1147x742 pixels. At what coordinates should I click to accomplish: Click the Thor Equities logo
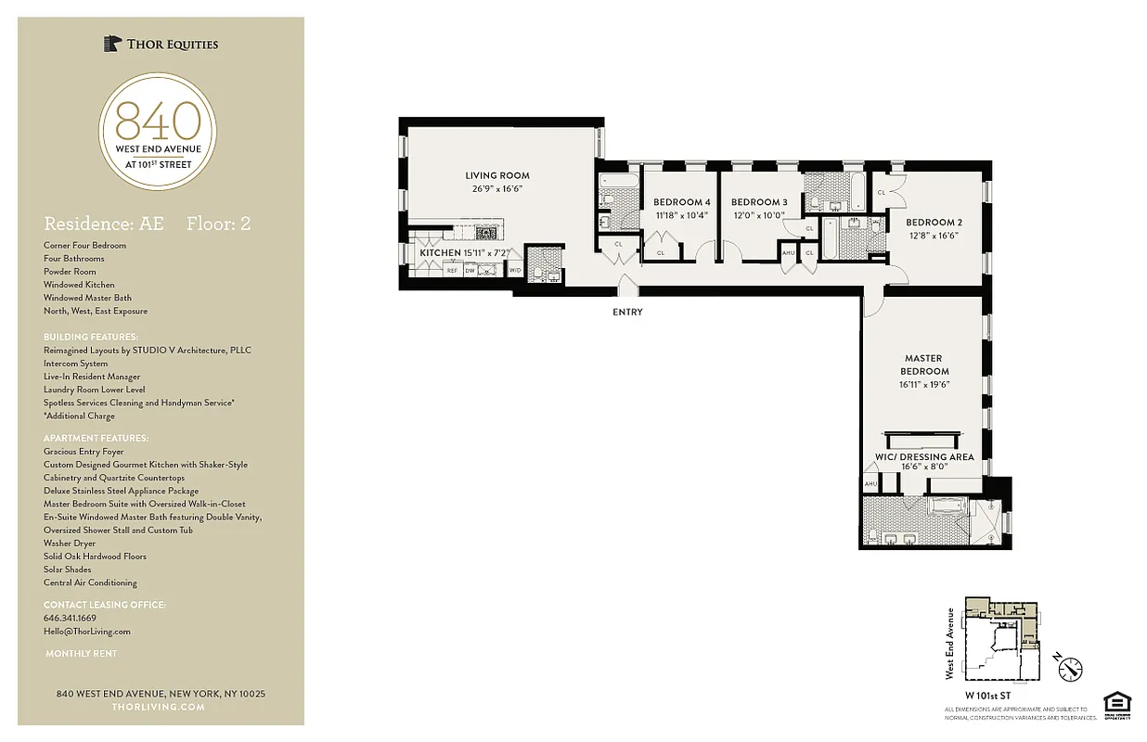pyautogui.click(x=161, y=44)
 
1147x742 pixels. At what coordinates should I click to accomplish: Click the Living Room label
pyautogui.click(x=497, y=175)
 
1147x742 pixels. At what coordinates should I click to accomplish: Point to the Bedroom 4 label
pyautogui.click(x=681, y=202)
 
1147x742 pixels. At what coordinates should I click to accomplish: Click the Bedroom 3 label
pyautogui.click(x=758, y=202)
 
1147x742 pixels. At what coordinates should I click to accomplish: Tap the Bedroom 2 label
pyautogui.click(x=934, y=223)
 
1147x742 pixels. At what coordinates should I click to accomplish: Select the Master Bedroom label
pyautogui.click(x=922, y=365)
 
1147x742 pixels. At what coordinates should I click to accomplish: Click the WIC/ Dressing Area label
pyautogui.click(x=923, y=457)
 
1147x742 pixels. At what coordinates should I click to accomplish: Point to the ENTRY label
pyautogui.click(x=627, y=313)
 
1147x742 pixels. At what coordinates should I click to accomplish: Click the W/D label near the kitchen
pyautogui.click(x=514, y=270)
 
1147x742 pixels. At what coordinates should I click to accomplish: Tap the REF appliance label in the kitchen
pyautogui.click(x=452, y=270)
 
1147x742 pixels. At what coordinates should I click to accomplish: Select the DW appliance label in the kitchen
pyautogui.click(x=470, y=270)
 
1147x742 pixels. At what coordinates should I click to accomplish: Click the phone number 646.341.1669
pyautogui.click(x=70, y=618)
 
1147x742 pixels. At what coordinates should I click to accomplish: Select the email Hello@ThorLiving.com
pyautogui.click(x=87, y=631)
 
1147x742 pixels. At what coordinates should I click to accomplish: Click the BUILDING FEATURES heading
pyautogui.click(x=91, y=337)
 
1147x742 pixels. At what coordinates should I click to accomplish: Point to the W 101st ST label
pyautogui.click(x=987, y=694)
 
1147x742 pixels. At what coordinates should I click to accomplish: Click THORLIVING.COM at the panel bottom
pyautogui.click(x=158, y=707)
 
